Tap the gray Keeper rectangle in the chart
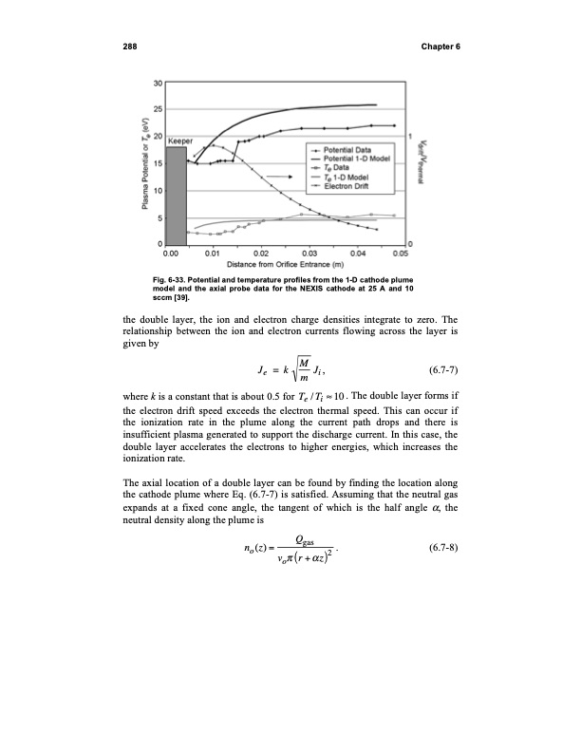pos(177,196)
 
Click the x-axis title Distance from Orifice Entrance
pos(290,265)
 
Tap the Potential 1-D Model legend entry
pos(350,159)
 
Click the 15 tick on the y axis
pos(158,163)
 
